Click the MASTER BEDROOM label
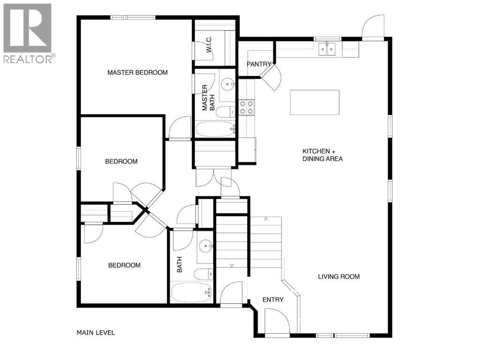pyautogui.click(x=137, y=73)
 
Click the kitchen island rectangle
pyautogui.click(x=314, y=102)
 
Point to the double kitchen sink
pyautogui.click(x=328, y=48)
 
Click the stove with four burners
pyautogui.click(x=246, y=107)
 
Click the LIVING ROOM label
pyautogui.click(x=339, y=277)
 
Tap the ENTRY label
pyautogui.click(x=273, y=300)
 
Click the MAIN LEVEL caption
pyautogui.click(x=96, y=333)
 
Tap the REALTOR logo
pyautogui.click(x=28, y=33)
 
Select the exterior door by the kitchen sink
pyautogui.click(x=374, y=26)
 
